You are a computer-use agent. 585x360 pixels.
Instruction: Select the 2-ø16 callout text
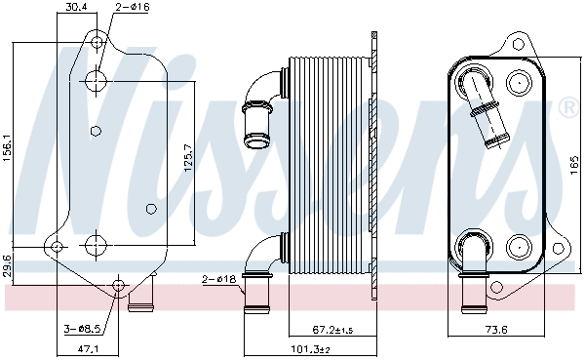pos(130,7)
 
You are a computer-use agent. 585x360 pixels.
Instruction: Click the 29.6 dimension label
pos(8,264)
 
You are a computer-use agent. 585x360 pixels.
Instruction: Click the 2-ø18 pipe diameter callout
pos(218,280)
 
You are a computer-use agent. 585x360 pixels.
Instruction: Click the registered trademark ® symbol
pos(566,106)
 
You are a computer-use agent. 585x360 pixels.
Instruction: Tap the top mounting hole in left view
pos(96,42)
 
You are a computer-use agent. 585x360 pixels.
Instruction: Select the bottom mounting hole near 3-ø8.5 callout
pos(119,286)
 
